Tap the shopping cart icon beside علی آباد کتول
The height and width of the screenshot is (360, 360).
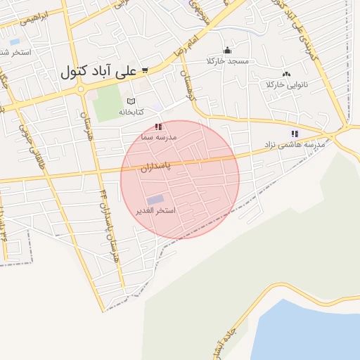pyautogui.click(x=144, y=70)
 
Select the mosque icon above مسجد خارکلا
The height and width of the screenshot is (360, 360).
pyautogui.click(x=227, y=51)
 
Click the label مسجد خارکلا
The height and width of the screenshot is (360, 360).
pyautogui.click(x=228, y=61)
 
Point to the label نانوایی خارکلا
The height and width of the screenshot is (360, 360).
pyautogui.click(x=287, y=84)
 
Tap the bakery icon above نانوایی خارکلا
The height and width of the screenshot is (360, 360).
pyautogui.click(x=286, y=74)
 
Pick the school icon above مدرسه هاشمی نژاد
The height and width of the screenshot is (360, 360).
pyautogui.click(x=294, y=134)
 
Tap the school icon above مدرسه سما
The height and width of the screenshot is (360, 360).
pyautogui.click(x=159, y=127)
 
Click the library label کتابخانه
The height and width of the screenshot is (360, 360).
pyautogui.click(x=131, y=112)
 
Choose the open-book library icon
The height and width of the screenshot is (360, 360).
pyautogui.click(x=131, y=101)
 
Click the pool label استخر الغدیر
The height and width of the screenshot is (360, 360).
pyautogui.click(x=155, y=210)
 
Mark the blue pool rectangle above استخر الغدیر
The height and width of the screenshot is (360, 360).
pyautogui.click(x=155, y=200)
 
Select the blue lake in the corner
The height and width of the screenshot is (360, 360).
pyautogui.click(x=309, y=334)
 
